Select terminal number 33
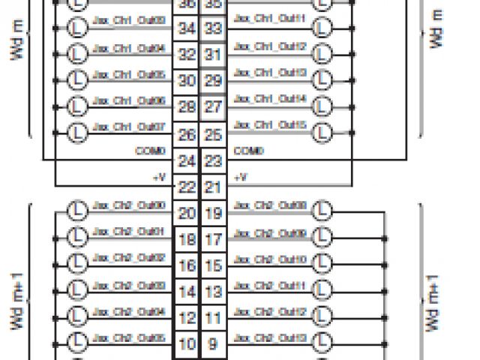coord(212,28)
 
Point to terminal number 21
coord(212,187)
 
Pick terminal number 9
coord(212,344)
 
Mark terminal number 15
coord(212,265)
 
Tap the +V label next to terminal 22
coord(157,178)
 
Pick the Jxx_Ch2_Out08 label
coord(271,205)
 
